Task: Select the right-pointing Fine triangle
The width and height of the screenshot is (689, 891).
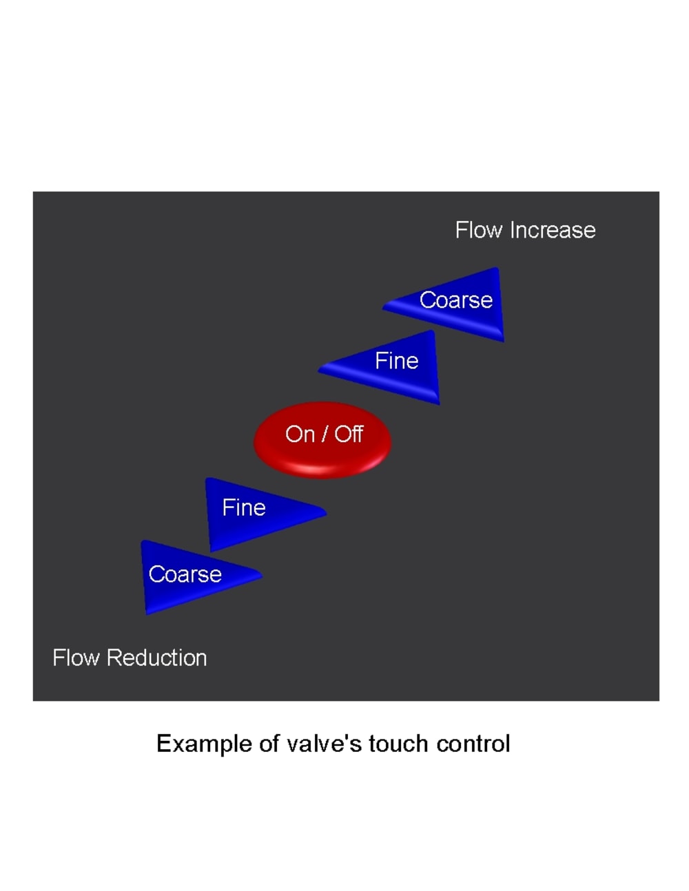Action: click(x=255, y=511)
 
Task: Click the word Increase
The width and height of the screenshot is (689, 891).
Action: click(x=553, y=230)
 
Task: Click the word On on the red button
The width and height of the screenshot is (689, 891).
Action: click(x=300, y=434)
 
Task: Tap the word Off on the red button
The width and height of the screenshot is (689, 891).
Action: click(x=349, y=434)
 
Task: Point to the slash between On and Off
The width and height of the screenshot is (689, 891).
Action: click(x=325, y=434)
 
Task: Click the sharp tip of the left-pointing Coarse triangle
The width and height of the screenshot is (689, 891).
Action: click(x=384, y=307)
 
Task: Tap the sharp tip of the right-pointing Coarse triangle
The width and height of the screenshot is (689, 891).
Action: click(x=260, y=574)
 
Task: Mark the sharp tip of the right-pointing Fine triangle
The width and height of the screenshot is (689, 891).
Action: click(x=325, y=512)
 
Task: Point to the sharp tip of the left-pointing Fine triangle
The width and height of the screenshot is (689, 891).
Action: click(x=320, y=370)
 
